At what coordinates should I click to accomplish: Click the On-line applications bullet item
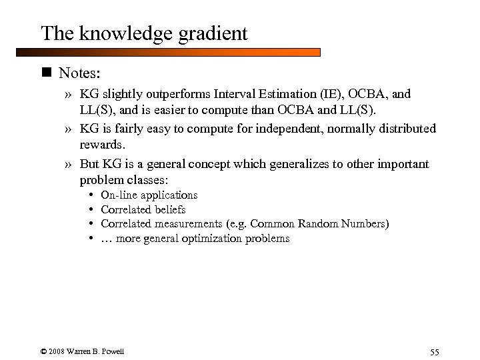point(149,195)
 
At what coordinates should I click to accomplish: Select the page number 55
point(435,352)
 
